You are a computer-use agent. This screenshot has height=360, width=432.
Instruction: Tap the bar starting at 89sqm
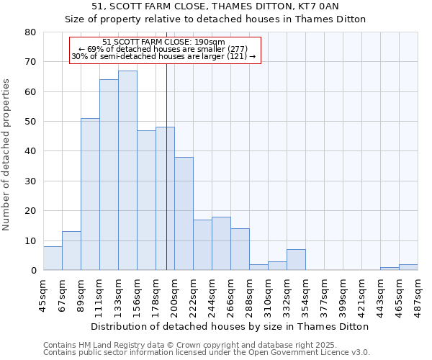[x=90, y=194]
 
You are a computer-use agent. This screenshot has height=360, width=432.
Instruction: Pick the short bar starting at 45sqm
[x=53, y=258]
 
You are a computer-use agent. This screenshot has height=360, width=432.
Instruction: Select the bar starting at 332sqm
[x=296, y=260]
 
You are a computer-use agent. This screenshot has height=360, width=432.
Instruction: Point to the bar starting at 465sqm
[x=408, y=267]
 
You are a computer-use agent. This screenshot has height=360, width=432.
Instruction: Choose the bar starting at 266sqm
[x=240, y=249]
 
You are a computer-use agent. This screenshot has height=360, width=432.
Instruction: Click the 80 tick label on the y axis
[x=30, y=32]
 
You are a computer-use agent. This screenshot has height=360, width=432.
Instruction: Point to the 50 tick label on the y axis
[x=30, y=122]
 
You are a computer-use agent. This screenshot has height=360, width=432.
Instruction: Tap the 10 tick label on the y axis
[x=30, y=241]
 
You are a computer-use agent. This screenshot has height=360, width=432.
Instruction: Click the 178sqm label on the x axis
[x=156, y=294]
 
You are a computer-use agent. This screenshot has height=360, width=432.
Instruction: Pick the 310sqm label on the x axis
[x=268, y=294]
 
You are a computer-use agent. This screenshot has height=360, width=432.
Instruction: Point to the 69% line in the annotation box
[x=163, y=49]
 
